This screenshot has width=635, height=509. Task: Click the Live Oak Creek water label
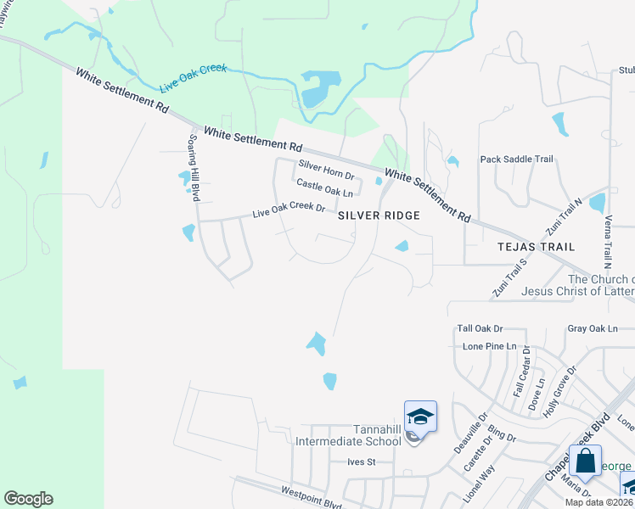(193, 76)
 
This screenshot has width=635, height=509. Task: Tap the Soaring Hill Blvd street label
(194, 167)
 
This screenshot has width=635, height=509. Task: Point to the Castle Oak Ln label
(324, 187)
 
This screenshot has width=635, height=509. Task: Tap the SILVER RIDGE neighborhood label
(379, 216)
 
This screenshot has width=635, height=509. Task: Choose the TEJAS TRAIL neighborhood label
(536, 247)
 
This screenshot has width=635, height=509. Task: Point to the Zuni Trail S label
(510, 276)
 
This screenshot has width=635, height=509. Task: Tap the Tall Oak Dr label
(480, 328)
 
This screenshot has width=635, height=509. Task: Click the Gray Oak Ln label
(593, 328)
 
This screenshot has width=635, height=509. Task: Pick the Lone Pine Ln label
(490, 346)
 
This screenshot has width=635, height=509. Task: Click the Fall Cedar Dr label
(521, 376)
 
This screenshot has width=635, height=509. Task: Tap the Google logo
(29, 499)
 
